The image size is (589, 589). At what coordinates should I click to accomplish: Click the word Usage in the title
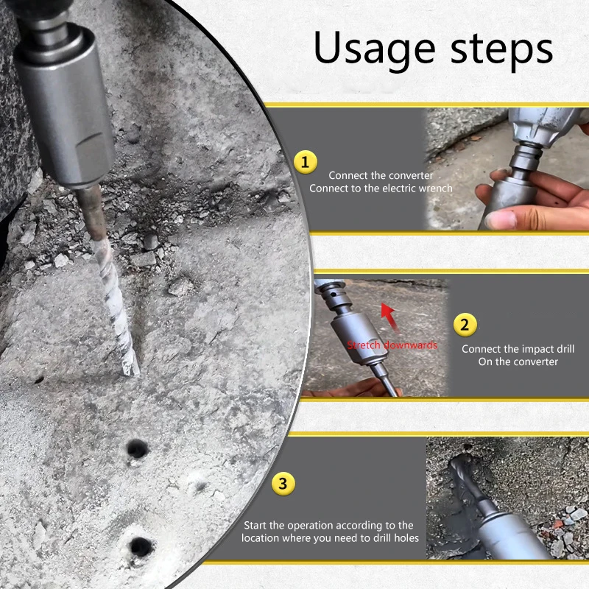click(375, 49)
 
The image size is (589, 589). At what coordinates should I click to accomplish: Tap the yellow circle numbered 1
click(306, 162)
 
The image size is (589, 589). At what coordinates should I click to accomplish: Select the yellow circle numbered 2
click(465, 325)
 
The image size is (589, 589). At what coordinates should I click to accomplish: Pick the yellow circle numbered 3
click(283, 484)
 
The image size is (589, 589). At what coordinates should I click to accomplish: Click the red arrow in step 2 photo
click(389, 317)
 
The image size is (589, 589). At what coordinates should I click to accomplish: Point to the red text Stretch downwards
click(392, 345)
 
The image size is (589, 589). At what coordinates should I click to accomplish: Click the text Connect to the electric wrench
click(381, 188)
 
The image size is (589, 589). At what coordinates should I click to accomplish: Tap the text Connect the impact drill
click(518, 349)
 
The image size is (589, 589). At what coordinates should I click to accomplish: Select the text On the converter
click(518, 361)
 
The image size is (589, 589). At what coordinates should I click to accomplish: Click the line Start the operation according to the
click(328, 525)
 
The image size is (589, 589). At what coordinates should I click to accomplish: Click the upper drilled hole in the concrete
click(137, 448)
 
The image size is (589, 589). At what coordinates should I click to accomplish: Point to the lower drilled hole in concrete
click(141, 547)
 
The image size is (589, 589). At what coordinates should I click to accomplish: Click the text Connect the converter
click(381, 175)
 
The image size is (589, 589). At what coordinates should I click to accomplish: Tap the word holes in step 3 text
click(406, 538)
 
